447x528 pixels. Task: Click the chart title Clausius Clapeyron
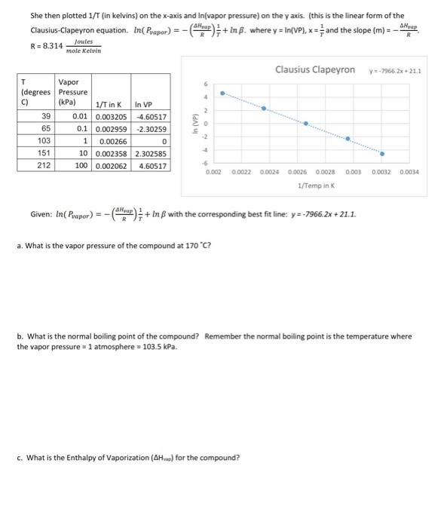tap(315, 69)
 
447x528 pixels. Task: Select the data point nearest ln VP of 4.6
tap(222, 94)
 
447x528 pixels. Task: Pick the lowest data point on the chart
tap(382, 153)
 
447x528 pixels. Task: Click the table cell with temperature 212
tap(44, 165)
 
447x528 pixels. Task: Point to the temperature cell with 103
tap(44, 141)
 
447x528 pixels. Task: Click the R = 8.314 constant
tap(43, 45)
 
